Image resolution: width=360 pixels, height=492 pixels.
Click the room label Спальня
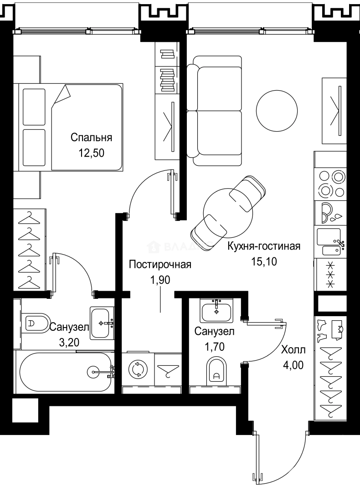(91, 138)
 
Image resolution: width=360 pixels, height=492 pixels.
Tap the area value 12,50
(91, 153)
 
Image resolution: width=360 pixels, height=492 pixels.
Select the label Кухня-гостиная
(264, 246)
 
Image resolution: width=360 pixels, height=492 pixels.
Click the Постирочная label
(159, 265)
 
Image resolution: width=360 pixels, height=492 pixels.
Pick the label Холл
(293, 350)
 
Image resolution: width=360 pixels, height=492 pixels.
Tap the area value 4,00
(293, 365)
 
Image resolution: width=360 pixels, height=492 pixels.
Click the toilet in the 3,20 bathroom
(36, 323)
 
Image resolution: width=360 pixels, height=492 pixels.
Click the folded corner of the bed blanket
(61, 96)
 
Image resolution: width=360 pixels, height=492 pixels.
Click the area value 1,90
(159, 280)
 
